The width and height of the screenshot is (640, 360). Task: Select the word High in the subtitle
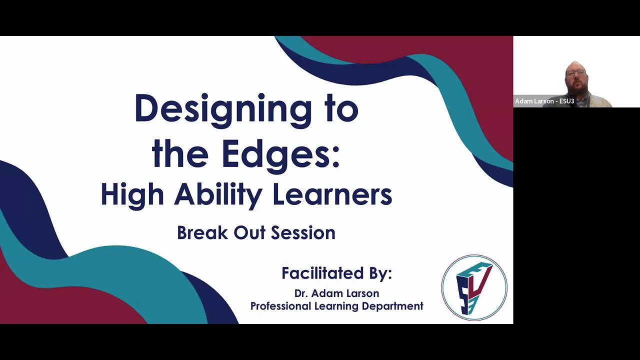(132, 194)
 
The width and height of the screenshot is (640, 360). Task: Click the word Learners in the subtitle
(332, 194)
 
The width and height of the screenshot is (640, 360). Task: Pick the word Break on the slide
(202, 232)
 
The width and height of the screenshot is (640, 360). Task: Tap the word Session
(303, 232)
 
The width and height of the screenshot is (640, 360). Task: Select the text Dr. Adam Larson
(336, 293)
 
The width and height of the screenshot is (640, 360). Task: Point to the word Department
(392, 306)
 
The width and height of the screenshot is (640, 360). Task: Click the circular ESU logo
(474, 287)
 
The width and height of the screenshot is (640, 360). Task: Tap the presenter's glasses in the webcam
(576, 73)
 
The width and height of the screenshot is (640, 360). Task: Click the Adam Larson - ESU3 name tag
(544, 101)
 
